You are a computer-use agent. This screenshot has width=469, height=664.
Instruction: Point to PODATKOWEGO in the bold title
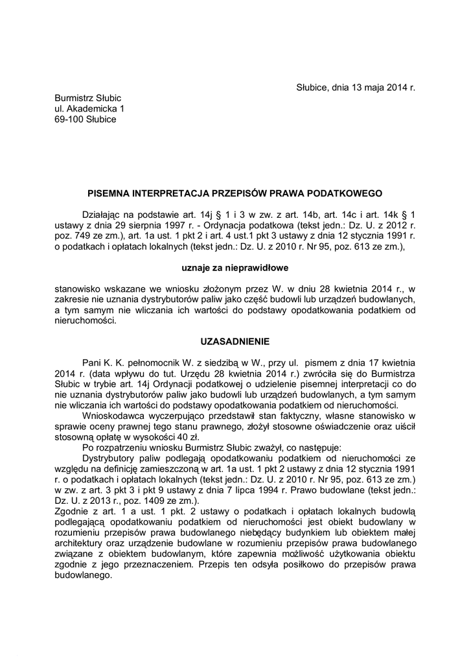pos(350,193)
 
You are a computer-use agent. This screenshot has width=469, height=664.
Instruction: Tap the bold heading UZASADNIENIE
pos(234,340)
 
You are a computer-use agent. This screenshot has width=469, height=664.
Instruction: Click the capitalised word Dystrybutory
pos(111,457)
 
